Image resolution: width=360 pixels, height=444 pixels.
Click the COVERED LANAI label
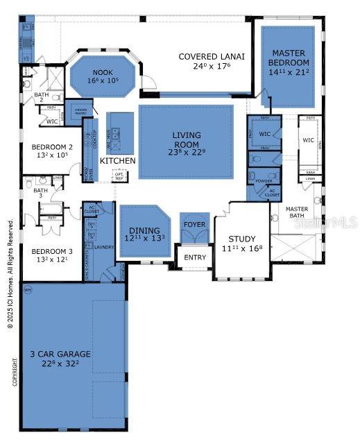(x=212, y=56)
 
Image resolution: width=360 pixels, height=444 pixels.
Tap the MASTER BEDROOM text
(x=289, y=58)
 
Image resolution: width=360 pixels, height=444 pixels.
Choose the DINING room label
(x=144, y=230)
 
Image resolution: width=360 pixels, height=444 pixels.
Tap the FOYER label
(x=194, y=225)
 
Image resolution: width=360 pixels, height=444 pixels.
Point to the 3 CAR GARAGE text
(x=60, y=354)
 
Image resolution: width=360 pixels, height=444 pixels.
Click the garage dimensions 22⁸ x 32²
(x=60, y=364)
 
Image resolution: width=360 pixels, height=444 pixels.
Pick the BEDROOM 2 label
(x=52, y=147)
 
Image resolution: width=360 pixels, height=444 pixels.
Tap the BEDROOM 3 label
(x=52, y=250)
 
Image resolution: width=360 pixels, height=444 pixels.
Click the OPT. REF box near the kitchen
(x=119, y=176)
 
